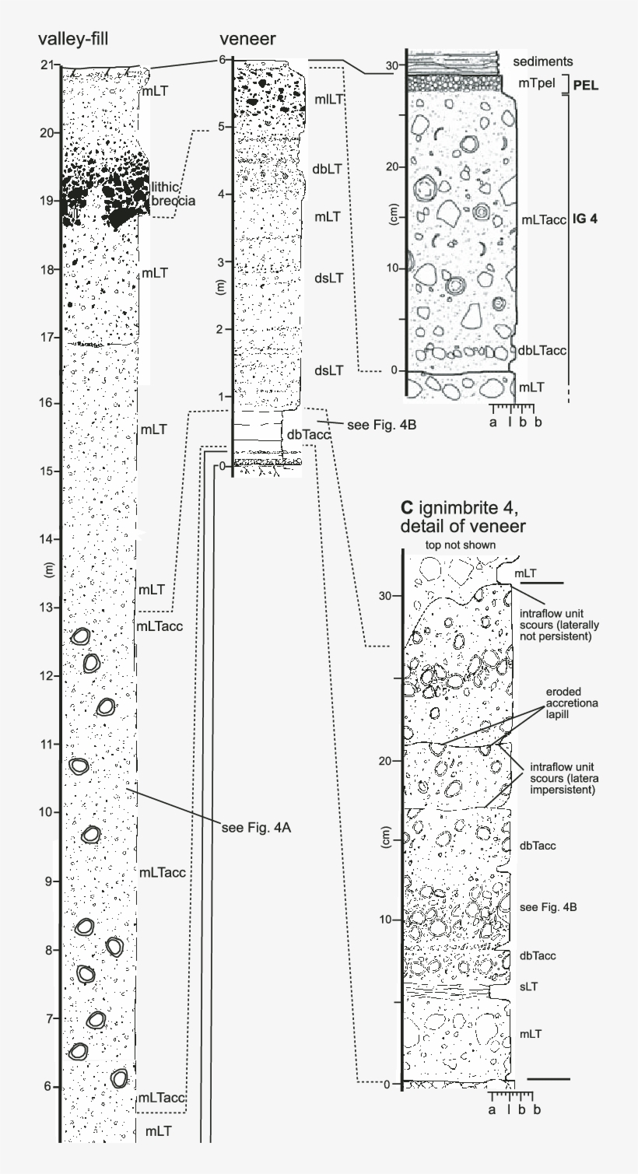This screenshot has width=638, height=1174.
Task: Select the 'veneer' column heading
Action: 247,40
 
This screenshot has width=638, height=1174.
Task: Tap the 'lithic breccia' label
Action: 174,193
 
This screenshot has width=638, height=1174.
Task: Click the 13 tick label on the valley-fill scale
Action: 47,607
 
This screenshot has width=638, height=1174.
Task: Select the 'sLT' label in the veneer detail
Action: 529,986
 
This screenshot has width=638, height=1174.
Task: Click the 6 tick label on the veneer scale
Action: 223,59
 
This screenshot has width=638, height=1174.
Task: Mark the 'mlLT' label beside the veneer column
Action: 330,100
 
